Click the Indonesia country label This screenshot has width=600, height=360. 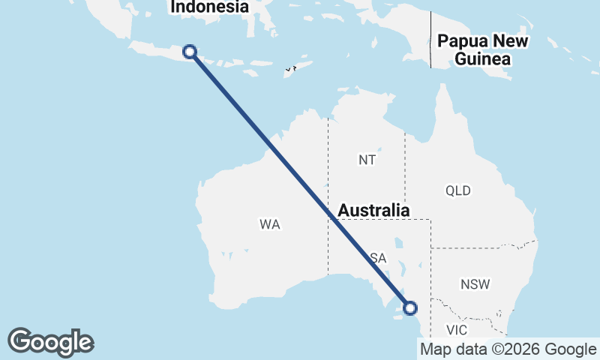point(209,7)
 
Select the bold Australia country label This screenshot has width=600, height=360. point(373,211)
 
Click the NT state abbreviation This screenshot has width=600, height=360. point(367,160)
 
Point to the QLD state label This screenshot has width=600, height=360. point(457,190)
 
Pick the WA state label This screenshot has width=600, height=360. point(270,224)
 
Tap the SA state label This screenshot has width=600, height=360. point(378,258)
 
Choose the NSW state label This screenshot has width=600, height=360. point(475,284)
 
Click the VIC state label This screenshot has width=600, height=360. point(456,330)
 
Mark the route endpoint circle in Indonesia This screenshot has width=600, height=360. point(190,51)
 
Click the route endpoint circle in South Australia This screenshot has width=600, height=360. point(410,307)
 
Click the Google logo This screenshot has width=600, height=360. point(50,342)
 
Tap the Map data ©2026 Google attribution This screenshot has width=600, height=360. point(508,349)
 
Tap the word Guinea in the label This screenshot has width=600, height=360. point(483,58)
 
